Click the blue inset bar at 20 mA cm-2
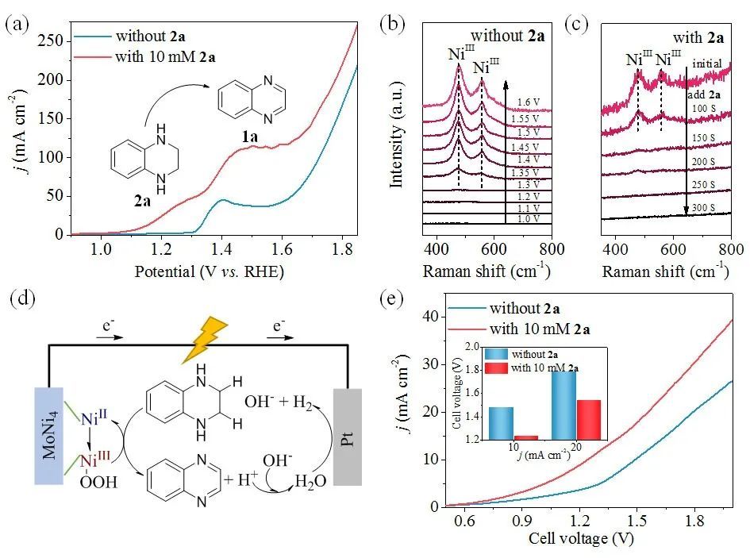[x=564, y=405]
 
